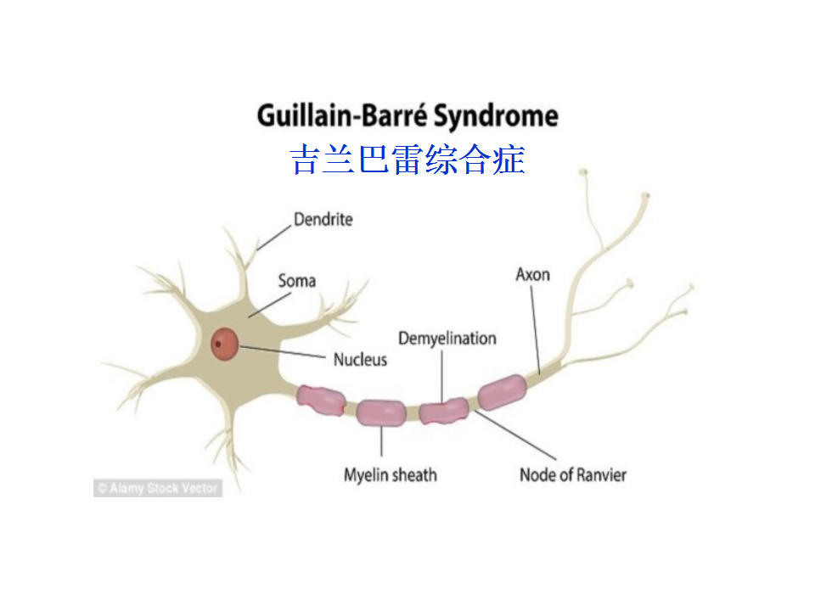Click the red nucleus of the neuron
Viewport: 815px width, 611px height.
tap(224, 344)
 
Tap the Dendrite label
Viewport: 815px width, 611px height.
tap(323, 219)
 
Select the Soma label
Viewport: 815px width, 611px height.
tap(297, 281)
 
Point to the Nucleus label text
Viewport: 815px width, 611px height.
tap(360, 360)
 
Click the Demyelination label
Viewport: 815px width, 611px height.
tap(447, 339)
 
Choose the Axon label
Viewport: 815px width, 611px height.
tap(533, 274)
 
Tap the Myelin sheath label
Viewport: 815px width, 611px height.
tap(391, 475)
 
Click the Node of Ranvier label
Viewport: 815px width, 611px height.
tap(573, 475)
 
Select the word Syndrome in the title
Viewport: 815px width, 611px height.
tap(496, 116)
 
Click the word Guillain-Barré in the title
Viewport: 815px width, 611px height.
tap(342, 115)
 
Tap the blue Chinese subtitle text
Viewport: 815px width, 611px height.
tap(407, 160)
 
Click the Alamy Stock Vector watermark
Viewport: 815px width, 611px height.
tap(158, 488)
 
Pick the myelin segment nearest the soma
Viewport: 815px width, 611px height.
tap(321, 400)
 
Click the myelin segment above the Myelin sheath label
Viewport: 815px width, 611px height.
tap(381, 412)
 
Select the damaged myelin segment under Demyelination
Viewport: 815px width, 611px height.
tap(444, 411)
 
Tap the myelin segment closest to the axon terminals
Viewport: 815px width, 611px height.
tap(502, 392)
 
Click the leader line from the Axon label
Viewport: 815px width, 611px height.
tap(536, 329)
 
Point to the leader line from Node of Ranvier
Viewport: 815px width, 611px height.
tap(515, 434)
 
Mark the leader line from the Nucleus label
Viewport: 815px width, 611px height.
tap(282, 351)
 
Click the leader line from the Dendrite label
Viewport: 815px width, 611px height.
tap(274, 238)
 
